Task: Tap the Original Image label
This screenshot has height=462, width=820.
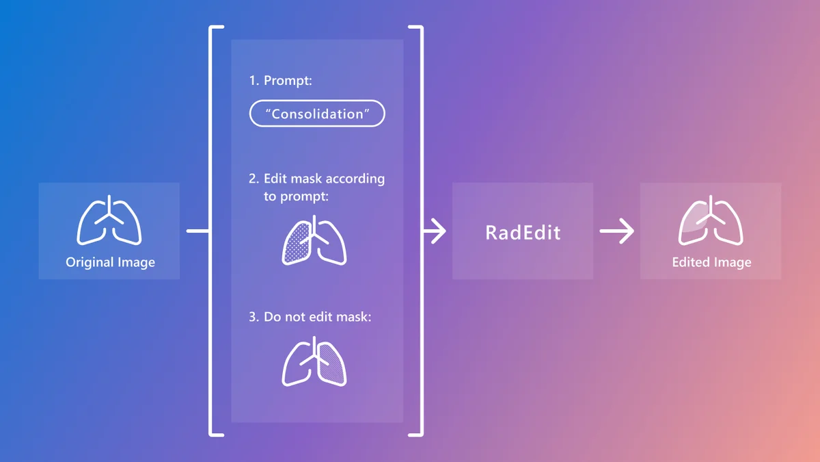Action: [x=110, y=262]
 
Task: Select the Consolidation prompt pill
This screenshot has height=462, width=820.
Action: [x=317, y=114]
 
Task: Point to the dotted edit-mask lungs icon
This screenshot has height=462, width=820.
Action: [x=314, y=241]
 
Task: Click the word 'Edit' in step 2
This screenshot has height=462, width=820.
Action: [x=277, y=179]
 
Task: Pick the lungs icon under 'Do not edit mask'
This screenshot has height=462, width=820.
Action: [x=314, y=361]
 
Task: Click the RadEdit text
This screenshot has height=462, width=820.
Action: [x=523, y=232]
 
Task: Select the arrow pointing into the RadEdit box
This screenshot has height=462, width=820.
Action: [x=435, y=231]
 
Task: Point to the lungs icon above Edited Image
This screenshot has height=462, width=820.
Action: [x=711, y=220]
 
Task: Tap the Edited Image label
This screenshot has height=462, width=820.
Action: [x=711, y=262]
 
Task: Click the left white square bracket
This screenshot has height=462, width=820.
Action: [x=211, y=231]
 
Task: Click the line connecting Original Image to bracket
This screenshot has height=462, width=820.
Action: [x=197, y=231]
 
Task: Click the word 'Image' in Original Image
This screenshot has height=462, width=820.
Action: [x=136, y=262]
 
